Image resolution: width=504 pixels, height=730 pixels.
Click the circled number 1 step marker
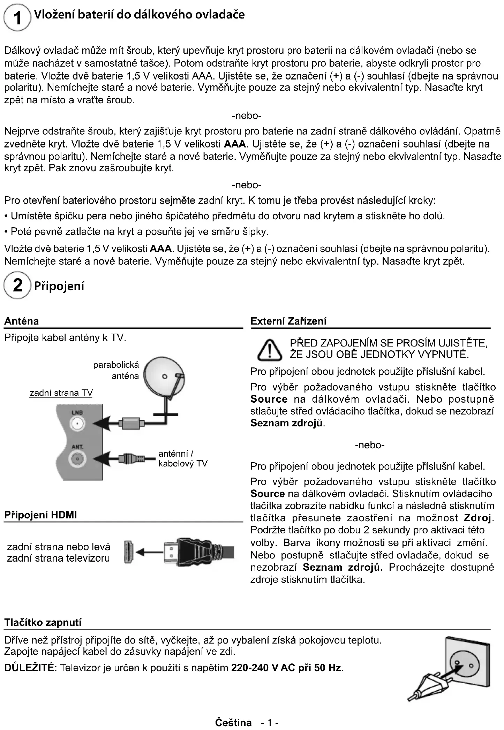[x=17, y=17]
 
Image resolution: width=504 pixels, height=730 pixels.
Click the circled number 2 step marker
[x=17, y=285]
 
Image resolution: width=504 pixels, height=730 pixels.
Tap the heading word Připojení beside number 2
[x=59, y=286]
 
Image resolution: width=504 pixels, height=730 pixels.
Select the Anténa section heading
[x=22, y=321]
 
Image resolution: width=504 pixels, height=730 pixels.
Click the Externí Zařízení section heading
[x=288, y=321]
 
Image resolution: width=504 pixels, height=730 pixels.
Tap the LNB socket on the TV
[x=77, y=424]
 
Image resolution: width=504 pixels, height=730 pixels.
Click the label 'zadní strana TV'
[x=61, y=393]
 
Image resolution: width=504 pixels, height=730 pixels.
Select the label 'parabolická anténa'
[x=116, y=370]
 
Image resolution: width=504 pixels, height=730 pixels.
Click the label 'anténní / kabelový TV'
[x=183, y=458]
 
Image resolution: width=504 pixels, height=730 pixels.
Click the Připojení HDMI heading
[x=40, y=515]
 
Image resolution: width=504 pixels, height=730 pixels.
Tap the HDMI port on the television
[x=128, y=552]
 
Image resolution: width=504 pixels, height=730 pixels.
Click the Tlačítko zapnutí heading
[x=43, y=622]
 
